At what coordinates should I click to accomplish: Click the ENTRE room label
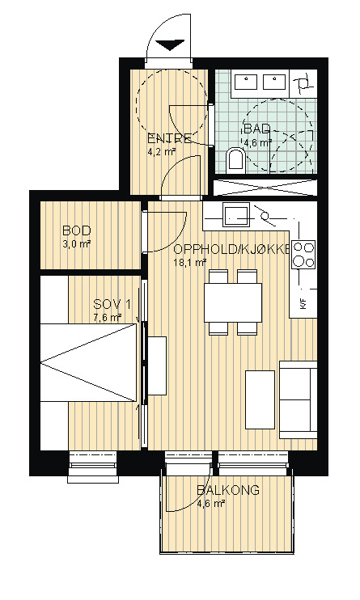click(x=169, y=138)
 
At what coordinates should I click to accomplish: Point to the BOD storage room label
click(x=77, y=230)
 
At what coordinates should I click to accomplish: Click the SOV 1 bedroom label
click(x=112, y=305)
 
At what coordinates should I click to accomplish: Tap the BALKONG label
click(x=228, y=490)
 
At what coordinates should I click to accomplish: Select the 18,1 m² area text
click(x=190, y=262)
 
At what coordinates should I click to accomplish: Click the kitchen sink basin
click(x=236, y=215)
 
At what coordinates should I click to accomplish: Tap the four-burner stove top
click(x=303, y=254)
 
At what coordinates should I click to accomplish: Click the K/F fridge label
click(x=303, y=304)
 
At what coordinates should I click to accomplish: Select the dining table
click(x=233, y=302)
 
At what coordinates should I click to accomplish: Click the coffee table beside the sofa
click(x=260, y=399)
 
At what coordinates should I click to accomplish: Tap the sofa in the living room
click(x=299, y=399)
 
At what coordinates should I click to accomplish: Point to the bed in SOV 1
click(x=88, y=362)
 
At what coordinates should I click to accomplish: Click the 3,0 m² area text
click(x=77, y=243)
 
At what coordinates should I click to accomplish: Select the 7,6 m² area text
click(x=108, y=318)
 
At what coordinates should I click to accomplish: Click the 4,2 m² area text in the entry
click(x=162, y=151)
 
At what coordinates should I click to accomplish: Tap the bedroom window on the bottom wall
click(x=93, y=467)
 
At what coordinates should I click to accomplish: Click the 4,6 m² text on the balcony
click(x=210, y=503)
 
